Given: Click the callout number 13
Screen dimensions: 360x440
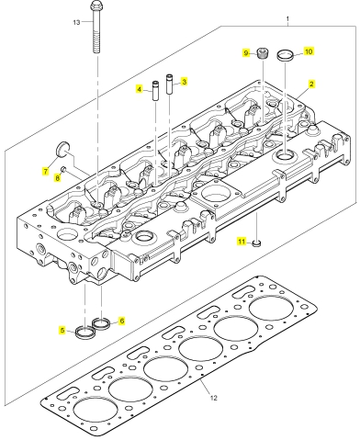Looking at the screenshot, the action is pyautogui.click(x=76, y=22).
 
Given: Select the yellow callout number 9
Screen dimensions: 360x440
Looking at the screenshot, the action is pyautogui.click(x=246, y=53).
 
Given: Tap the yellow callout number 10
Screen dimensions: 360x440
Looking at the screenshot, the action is pyautogui.click(x=309, y=51).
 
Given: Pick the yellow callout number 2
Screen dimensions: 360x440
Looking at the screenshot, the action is pyautogui.click(x=311, y=84).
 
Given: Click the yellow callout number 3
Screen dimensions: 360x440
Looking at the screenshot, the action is pyautogui.click(x=184, y=82).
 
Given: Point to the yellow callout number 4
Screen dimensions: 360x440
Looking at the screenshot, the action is pyautogui.click(x=140, y=89).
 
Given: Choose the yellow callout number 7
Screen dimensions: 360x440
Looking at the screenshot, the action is pyautogui.click(x=46, y=171).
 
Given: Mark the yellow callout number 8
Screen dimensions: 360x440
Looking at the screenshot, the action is pyautogui.click(x=58, y=178).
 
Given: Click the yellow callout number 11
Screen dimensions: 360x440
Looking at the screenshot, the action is pyautogui.click(x=242, y=242).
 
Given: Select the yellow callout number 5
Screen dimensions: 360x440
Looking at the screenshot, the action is pyautogui.click(x=62, y=330).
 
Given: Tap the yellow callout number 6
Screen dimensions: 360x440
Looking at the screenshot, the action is pyautogui.click(x=122, y=321).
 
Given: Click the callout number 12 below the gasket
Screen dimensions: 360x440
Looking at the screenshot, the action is pyautogui.click(x=213, y=398).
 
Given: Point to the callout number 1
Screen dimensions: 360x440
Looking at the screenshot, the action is pyautogui.click(x=287, y=19).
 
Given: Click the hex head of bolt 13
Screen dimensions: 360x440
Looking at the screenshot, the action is pyautogui.click(x=96, y=6).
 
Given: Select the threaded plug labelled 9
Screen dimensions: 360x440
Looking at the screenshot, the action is pyautogui.click(x=263, y=54).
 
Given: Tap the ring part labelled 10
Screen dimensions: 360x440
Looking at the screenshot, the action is pyautogui.click(x=286, y=55).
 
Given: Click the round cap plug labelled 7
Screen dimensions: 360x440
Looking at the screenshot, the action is pyautogui.click(x=62, y=149).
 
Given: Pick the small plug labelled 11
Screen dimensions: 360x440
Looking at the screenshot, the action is pyautogui.click(x=257, y=243).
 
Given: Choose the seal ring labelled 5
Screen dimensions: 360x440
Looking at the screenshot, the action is pyautogui.click(x=85, y=332).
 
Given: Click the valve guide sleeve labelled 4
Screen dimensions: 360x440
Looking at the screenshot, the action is pyautogui.click(x=155, y=90).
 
